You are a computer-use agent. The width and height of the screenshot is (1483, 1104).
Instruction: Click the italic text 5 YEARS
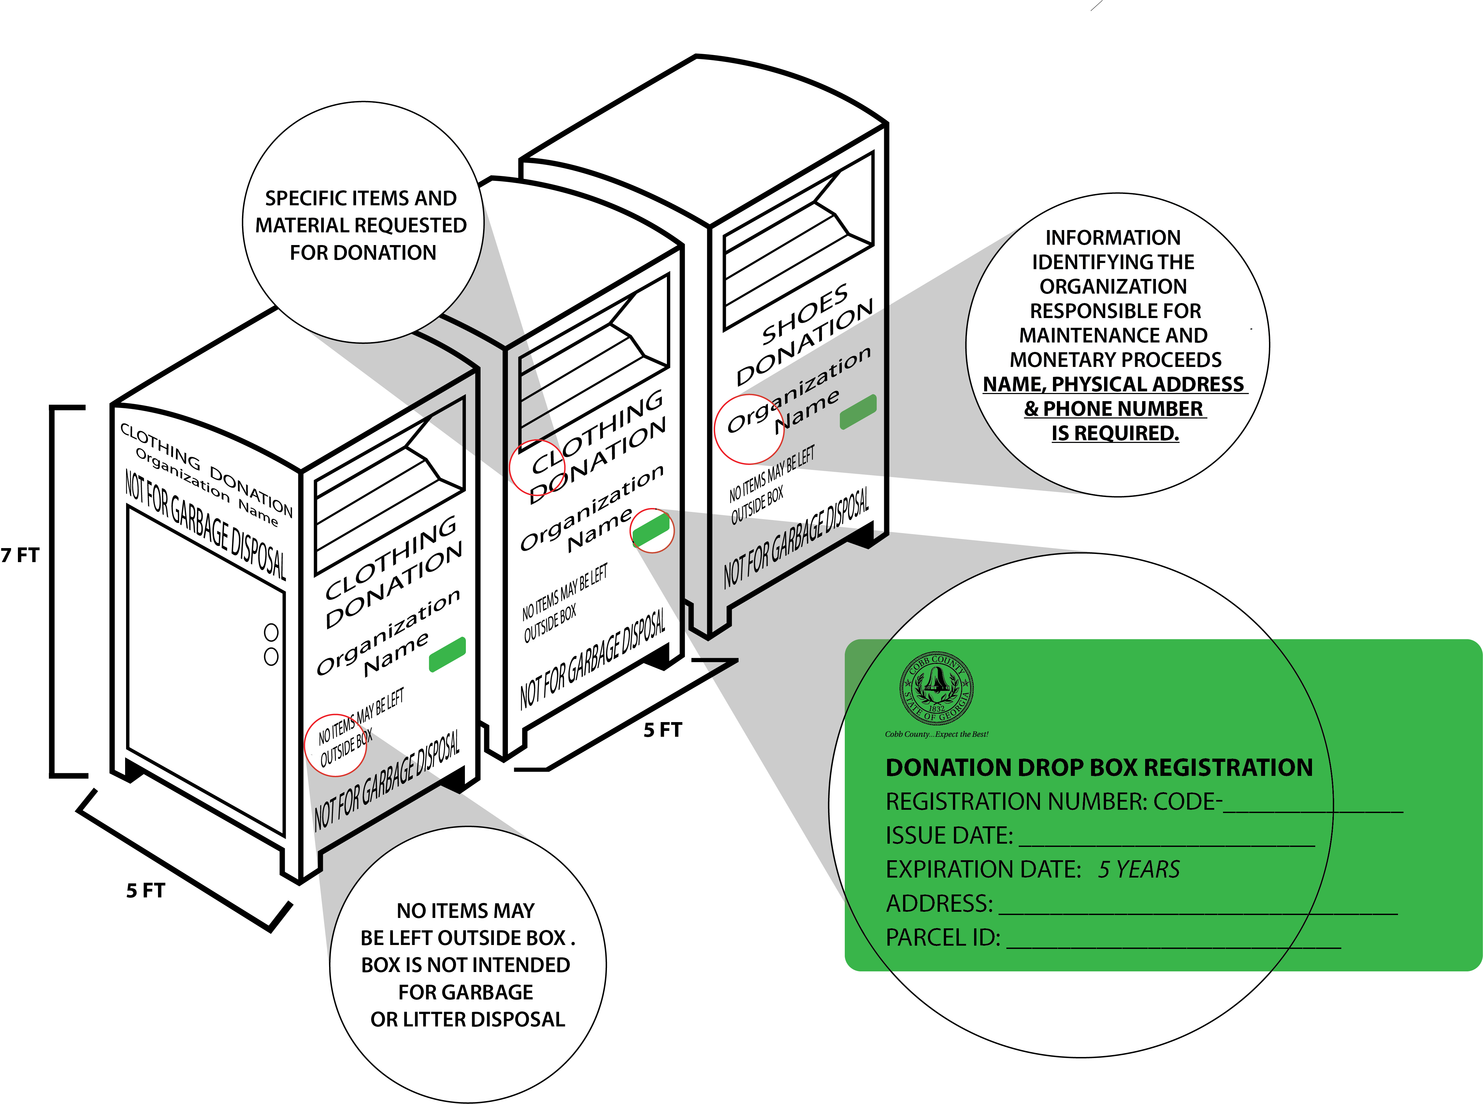1139,869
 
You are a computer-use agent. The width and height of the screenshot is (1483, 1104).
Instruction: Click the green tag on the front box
447,654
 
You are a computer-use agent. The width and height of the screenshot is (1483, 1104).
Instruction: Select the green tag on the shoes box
858,412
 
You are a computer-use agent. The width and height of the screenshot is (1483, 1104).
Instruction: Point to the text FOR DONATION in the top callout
363,253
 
